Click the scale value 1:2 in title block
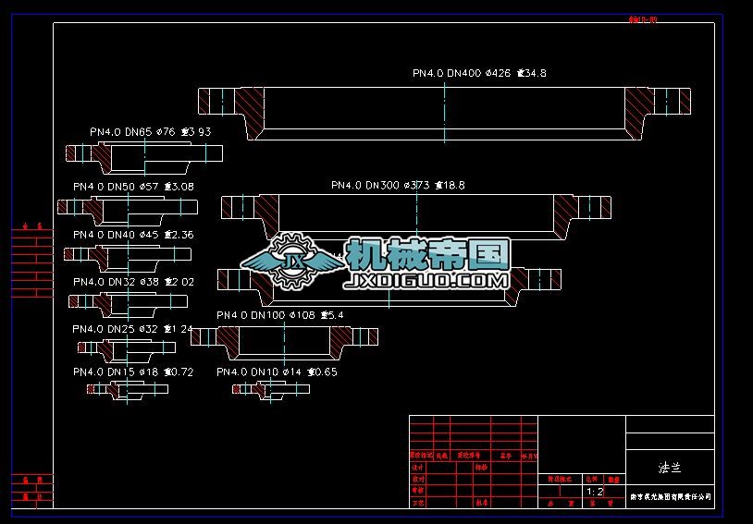click(x=594, y=492)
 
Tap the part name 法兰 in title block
click(x=670, y=468)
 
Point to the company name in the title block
click(x=671, y=496)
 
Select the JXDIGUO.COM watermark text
click(x=426, y=279)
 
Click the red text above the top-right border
click(x=642, y=18)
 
